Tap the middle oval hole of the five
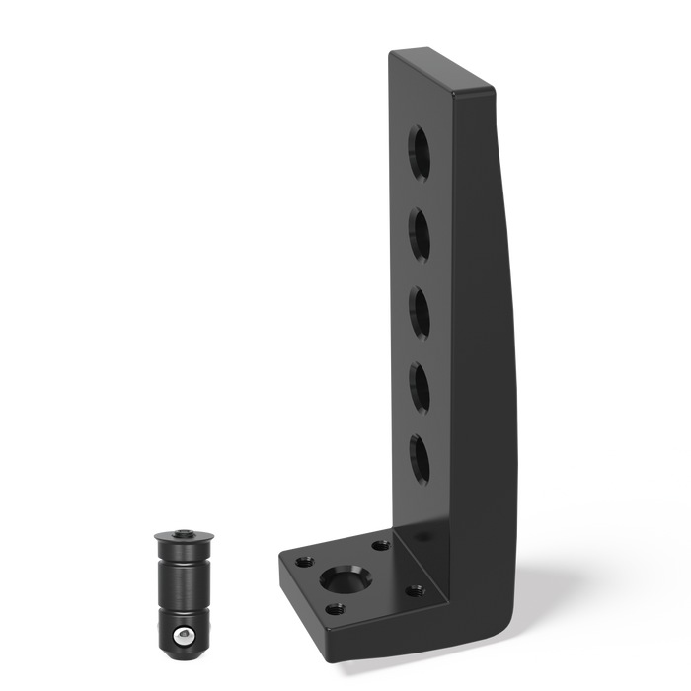(421, 309)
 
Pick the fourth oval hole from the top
(421, 384)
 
